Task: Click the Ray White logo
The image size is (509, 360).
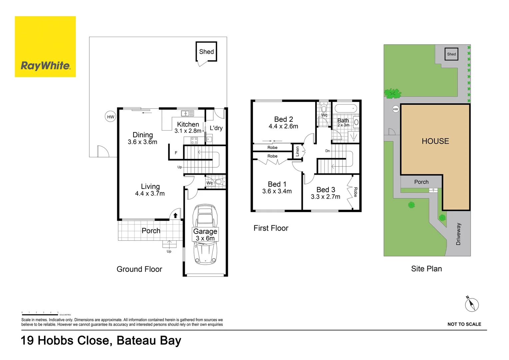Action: click(45, 47)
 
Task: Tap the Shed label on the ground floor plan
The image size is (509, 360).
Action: click(206, 52)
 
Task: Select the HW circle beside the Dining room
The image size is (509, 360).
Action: click(111, 117)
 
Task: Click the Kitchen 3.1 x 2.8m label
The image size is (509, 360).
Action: click(188, 127)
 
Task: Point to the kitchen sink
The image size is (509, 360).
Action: click(187, 113)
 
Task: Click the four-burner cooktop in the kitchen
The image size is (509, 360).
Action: click(194, 140)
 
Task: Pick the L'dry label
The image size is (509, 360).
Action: click(216, 128)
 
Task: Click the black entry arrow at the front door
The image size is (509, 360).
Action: click(175, 215)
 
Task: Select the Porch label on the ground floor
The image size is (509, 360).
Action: click(151, 231)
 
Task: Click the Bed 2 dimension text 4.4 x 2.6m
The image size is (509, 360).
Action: click(283, 126)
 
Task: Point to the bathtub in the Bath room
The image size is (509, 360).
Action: click(345, 109)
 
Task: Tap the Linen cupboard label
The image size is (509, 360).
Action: click(297, 152)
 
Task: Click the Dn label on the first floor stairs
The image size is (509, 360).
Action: click(327, 151)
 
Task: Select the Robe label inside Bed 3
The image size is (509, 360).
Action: click(355, 192)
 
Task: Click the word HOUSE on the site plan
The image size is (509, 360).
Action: click(435, 141)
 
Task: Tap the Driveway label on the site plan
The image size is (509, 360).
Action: click(458, 234)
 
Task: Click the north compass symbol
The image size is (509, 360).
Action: click(472, 304)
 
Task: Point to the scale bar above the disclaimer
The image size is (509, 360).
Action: click(40, 314)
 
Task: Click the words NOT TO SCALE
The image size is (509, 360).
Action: click(464, 324)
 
